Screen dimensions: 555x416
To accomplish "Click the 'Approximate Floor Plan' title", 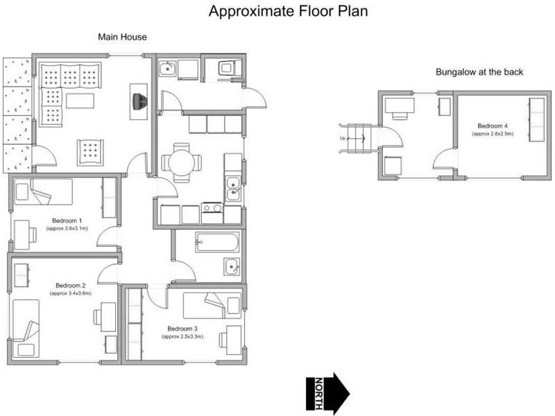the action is point(288,11).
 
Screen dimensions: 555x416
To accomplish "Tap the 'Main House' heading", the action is point(122,37).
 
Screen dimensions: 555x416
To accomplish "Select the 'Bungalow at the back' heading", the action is point(479,72).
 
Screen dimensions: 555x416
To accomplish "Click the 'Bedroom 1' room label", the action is point(67,220).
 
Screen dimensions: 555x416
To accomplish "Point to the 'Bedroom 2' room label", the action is point(71,286).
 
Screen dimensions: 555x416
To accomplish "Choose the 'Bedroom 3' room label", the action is point(182,329).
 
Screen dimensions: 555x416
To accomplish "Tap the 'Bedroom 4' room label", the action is point(493,126).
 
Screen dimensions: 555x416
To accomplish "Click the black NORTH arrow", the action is point(327,393).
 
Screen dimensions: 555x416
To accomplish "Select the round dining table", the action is point(181,163).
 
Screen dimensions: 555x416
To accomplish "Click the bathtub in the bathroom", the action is point(217,242).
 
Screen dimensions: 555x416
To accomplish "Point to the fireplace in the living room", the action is point(139,101).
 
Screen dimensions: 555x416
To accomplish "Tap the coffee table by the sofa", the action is point(80,101).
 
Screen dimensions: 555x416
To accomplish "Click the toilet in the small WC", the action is point(227,67).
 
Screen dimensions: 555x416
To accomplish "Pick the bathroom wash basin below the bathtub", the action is point(232,266).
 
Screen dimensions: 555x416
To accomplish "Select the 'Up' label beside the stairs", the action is point(343,138).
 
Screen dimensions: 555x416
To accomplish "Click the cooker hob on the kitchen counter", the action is point(212,208).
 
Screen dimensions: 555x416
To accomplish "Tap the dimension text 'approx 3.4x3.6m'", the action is point(71,293).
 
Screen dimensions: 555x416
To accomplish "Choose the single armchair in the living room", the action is point(91,153).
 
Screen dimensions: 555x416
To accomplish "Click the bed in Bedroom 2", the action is point(26,329).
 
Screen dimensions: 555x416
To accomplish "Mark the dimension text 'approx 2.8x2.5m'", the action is point(493,134).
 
